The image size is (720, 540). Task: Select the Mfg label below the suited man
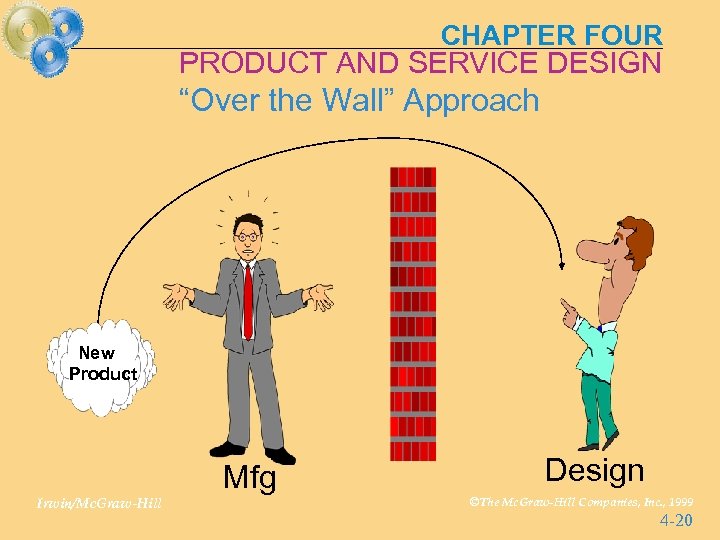click(249, 479)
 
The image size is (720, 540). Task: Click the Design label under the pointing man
click(595, 470)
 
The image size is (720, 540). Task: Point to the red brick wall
click(413, 320)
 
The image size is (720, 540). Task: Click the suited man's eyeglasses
click(247, 236)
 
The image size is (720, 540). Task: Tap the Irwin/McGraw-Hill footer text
click(96, 503)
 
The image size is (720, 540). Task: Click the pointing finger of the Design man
click(565, 303)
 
